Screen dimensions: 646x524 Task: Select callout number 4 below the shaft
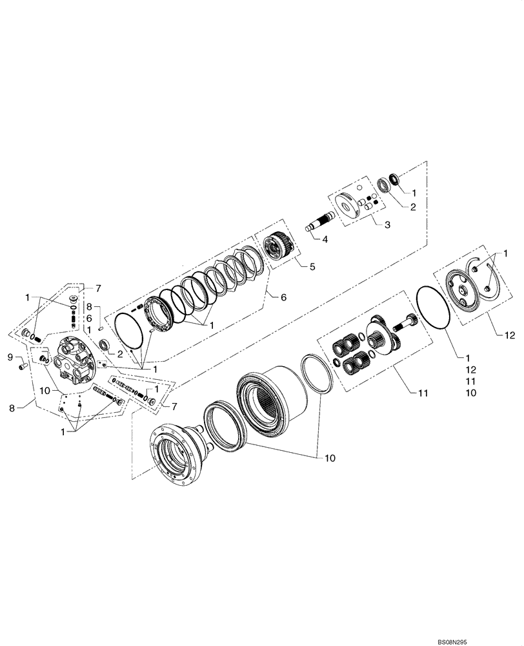point(325,240)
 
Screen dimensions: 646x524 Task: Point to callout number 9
point(10,356)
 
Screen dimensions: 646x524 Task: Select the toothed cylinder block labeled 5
point(278,247)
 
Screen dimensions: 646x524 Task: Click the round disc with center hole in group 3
point(353,205)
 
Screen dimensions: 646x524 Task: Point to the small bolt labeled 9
point(23,366)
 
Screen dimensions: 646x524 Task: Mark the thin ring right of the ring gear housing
point(317,373)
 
